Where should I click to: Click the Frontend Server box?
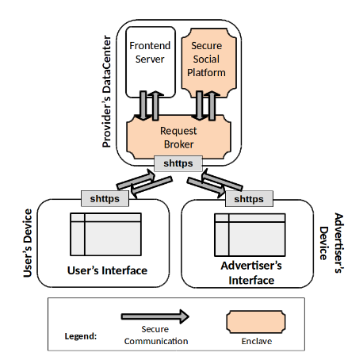[151, 62]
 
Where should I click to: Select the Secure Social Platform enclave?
[208, 63]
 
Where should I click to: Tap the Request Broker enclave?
[179, 137]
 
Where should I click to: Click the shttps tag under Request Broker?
[178, 163]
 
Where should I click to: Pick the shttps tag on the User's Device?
[105, 198]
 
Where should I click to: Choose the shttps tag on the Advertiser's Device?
[249, 199]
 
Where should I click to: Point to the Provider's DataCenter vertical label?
[106, 91]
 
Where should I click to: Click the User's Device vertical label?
[28, 243]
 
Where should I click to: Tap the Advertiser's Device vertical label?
[331, 243]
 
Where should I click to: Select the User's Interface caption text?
[107, 270]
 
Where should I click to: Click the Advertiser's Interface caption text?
[251, 273]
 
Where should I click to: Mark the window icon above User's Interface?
[105, 234]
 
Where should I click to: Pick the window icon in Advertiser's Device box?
[250, 235]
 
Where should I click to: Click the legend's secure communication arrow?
[155, 316]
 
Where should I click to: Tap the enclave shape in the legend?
[256, 322]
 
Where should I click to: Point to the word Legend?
[81, 336]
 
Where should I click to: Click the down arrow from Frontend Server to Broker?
[143, 105]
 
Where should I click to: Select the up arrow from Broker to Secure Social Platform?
[212, 105]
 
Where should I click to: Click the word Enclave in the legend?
[257, 341]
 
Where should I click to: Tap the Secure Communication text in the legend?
[156, 335]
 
